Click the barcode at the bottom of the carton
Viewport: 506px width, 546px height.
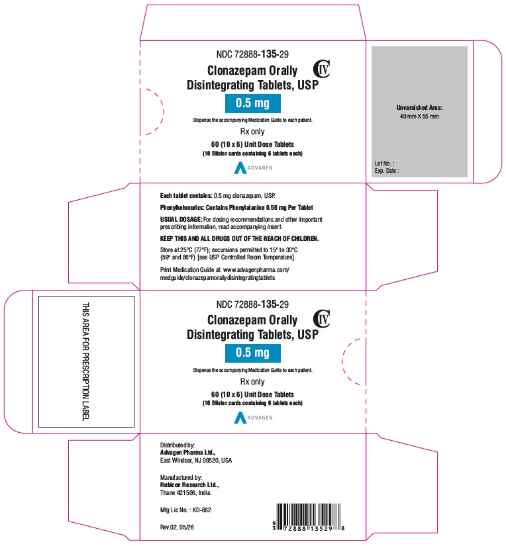[309, 517]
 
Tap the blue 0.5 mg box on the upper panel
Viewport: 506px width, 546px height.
[252, 103]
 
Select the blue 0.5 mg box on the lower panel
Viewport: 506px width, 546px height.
[252, 353]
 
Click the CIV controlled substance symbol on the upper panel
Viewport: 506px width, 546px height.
[321, 69]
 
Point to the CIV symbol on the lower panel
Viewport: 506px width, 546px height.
[321, 318]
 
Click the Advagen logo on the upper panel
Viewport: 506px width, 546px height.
[253, 168]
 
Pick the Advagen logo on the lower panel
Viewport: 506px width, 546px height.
[253, 418]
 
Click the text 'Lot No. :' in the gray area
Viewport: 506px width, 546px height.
[384, 163]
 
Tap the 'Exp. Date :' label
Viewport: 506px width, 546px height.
[387, 171]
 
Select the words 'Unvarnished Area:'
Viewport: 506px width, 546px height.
[420, 108]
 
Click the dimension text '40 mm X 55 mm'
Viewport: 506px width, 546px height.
[419, 116]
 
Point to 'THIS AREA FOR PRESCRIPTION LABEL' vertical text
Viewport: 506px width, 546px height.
[85, 361]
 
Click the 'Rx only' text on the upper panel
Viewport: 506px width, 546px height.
[252, 132]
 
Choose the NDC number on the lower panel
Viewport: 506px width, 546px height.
[252, 304]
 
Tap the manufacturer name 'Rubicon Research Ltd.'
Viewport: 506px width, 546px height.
[189, 484]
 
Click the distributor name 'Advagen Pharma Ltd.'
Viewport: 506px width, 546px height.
[187, 452]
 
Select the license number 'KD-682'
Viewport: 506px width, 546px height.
[202, 510]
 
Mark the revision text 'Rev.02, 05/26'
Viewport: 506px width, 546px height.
[177, 527]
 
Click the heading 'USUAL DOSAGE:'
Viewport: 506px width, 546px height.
[181, 219]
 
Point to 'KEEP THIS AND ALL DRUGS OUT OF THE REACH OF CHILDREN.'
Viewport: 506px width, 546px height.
[239, 238]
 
